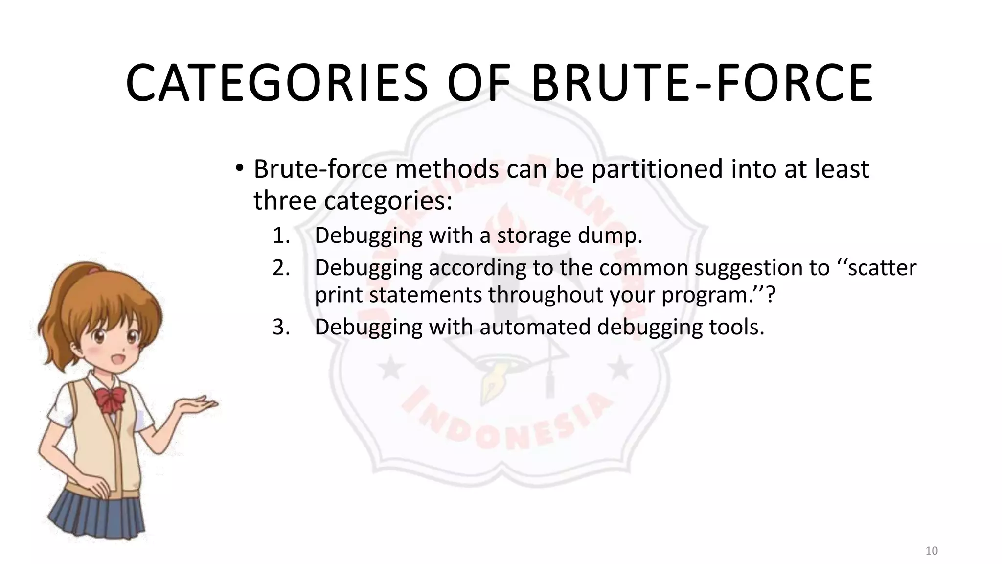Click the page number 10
tap(932, 551)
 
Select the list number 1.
tap(281, 236)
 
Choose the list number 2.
tap(281, 268)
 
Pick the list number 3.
tap(281, 327)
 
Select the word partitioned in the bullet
tap(657, 169)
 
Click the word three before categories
tap(285, 201)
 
